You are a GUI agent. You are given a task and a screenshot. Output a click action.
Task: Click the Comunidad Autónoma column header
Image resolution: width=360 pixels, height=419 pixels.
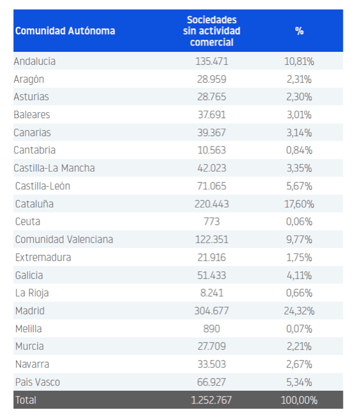65,31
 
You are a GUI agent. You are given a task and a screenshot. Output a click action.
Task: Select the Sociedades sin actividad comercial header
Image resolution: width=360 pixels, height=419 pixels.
212,31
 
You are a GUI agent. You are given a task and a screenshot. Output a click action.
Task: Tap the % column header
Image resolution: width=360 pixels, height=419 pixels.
299,31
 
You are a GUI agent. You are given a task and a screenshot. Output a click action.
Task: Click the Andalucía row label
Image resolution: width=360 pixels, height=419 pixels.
35,62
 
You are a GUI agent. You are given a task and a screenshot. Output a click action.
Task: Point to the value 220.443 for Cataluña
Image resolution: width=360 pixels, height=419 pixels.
212,204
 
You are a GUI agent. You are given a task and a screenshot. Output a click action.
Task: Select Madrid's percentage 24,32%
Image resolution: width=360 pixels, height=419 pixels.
299,311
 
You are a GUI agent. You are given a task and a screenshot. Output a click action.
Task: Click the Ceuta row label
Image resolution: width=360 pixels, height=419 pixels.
27,221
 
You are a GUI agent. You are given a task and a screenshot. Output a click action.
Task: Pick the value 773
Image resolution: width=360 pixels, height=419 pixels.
212,221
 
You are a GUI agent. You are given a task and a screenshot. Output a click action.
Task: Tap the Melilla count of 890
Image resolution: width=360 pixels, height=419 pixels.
212,329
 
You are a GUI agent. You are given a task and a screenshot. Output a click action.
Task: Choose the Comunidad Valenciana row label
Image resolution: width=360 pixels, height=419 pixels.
64,239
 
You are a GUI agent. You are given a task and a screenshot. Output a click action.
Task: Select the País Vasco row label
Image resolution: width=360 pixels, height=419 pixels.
37,382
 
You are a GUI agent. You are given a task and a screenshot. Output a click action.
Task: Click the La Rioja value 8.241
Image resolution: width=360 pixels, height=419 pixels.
212,293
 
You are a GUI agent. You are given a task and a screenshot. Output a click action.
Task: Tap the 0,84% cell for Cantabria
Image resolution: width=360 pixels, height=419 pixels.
299,150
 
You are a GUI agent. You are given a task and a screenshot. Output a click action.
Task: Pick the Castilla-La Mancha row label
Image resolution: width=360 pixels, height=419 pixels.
55,168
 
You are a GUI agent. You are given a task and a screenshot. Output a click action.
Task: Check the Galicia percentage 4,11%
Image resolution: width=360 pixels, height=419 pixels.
299,275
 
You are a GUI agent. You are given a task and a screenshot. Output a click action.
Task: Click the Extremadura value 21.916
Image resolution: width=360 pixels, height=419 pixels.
212,257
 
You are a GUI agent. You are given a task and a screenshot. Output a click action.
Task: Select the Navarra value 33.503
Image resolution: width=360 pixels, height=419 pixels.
212,364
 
